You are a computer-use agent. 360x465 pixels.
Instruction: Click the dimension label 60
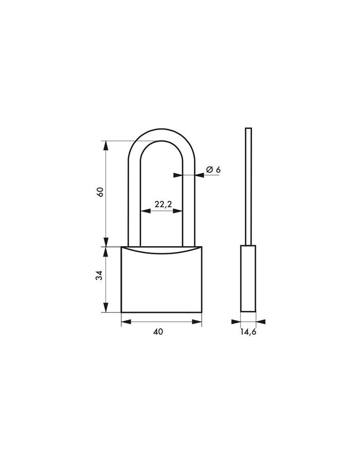click(x=101, y=192)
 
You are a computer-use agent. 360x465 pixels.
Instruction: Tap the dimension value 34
click(x=101, y=275)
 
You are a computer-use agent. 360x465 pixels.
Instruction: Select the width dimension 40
click(x=158, y=332)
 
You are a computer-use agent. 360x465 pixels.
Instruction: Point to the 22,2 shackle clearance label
click(x=162, y=204)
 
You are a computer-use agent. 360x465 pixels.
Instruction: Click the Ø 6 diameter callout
click(x=213, y=170)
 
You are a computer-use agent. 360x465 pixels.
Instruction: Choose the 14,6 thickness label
click(x=248, y=332)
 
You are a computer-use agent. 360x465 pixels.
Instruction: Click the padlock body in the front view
click(x=161, y=283)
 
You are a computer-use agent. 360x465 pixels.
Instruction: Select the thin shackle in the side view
click(x=248, y=185)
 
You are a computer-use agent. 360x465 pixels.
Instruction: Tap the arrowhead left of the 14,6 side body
click(x=236, y=322)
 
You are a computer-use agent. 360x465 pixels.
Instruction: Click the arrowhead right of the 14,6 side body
click(x=261, y=322)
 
